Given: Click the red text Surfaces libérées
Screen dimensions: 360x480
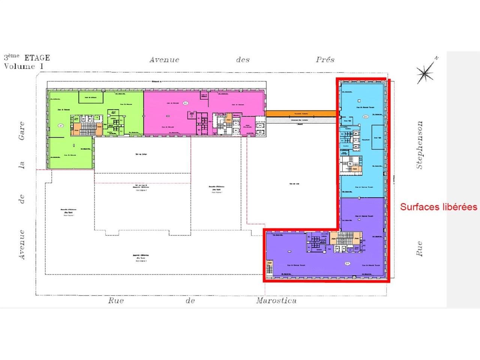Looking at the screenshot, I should pos(438,207).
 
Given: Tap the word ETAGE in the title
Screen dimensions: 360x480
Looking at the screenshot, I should pos(37,58).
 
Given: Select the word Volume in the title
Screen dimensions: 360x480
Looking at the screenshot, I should pos(19,66).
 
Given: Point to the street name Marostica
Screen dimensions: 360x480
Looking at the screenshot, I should pos(276,301).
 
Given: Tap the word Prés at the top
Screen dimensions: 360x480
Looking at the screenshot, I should pos(325,60).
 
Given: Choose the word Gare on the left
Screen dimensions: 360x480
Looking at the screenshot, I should pos(22,130).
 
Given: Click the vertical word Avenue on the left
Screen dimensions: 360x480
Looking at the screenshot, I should pos(22,244).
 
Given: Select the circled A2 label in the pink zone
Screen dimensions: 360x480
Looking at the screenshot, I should pos(185,103).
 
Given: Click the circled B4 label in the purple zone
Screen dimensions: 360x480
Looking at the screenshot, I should pos(347,263).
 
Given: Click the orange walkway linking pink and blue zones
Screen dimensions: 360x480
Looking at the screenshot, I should pos(300,113).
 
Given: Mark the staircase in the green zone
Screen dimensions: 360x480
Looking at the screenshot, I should pos(87,129).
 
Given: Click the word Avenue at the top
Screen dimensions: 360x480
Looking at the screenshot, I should pos(164,60).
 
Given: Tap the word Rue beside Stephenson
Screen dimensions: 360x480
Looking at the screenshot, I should pos(419,249).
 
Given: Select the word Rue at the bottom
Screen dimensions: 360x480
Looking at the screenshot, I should pos(116,301).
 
